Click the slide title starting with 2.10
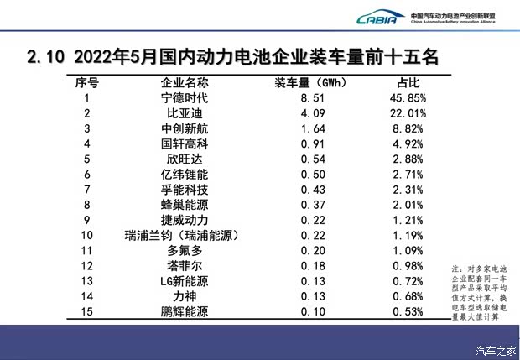pos(231,58)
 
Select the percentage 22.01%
pos(408,113)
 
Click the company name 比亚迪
pos(184,113)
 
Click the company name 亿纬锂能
pos(184,174)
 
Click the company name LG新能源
pos(184,280)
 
